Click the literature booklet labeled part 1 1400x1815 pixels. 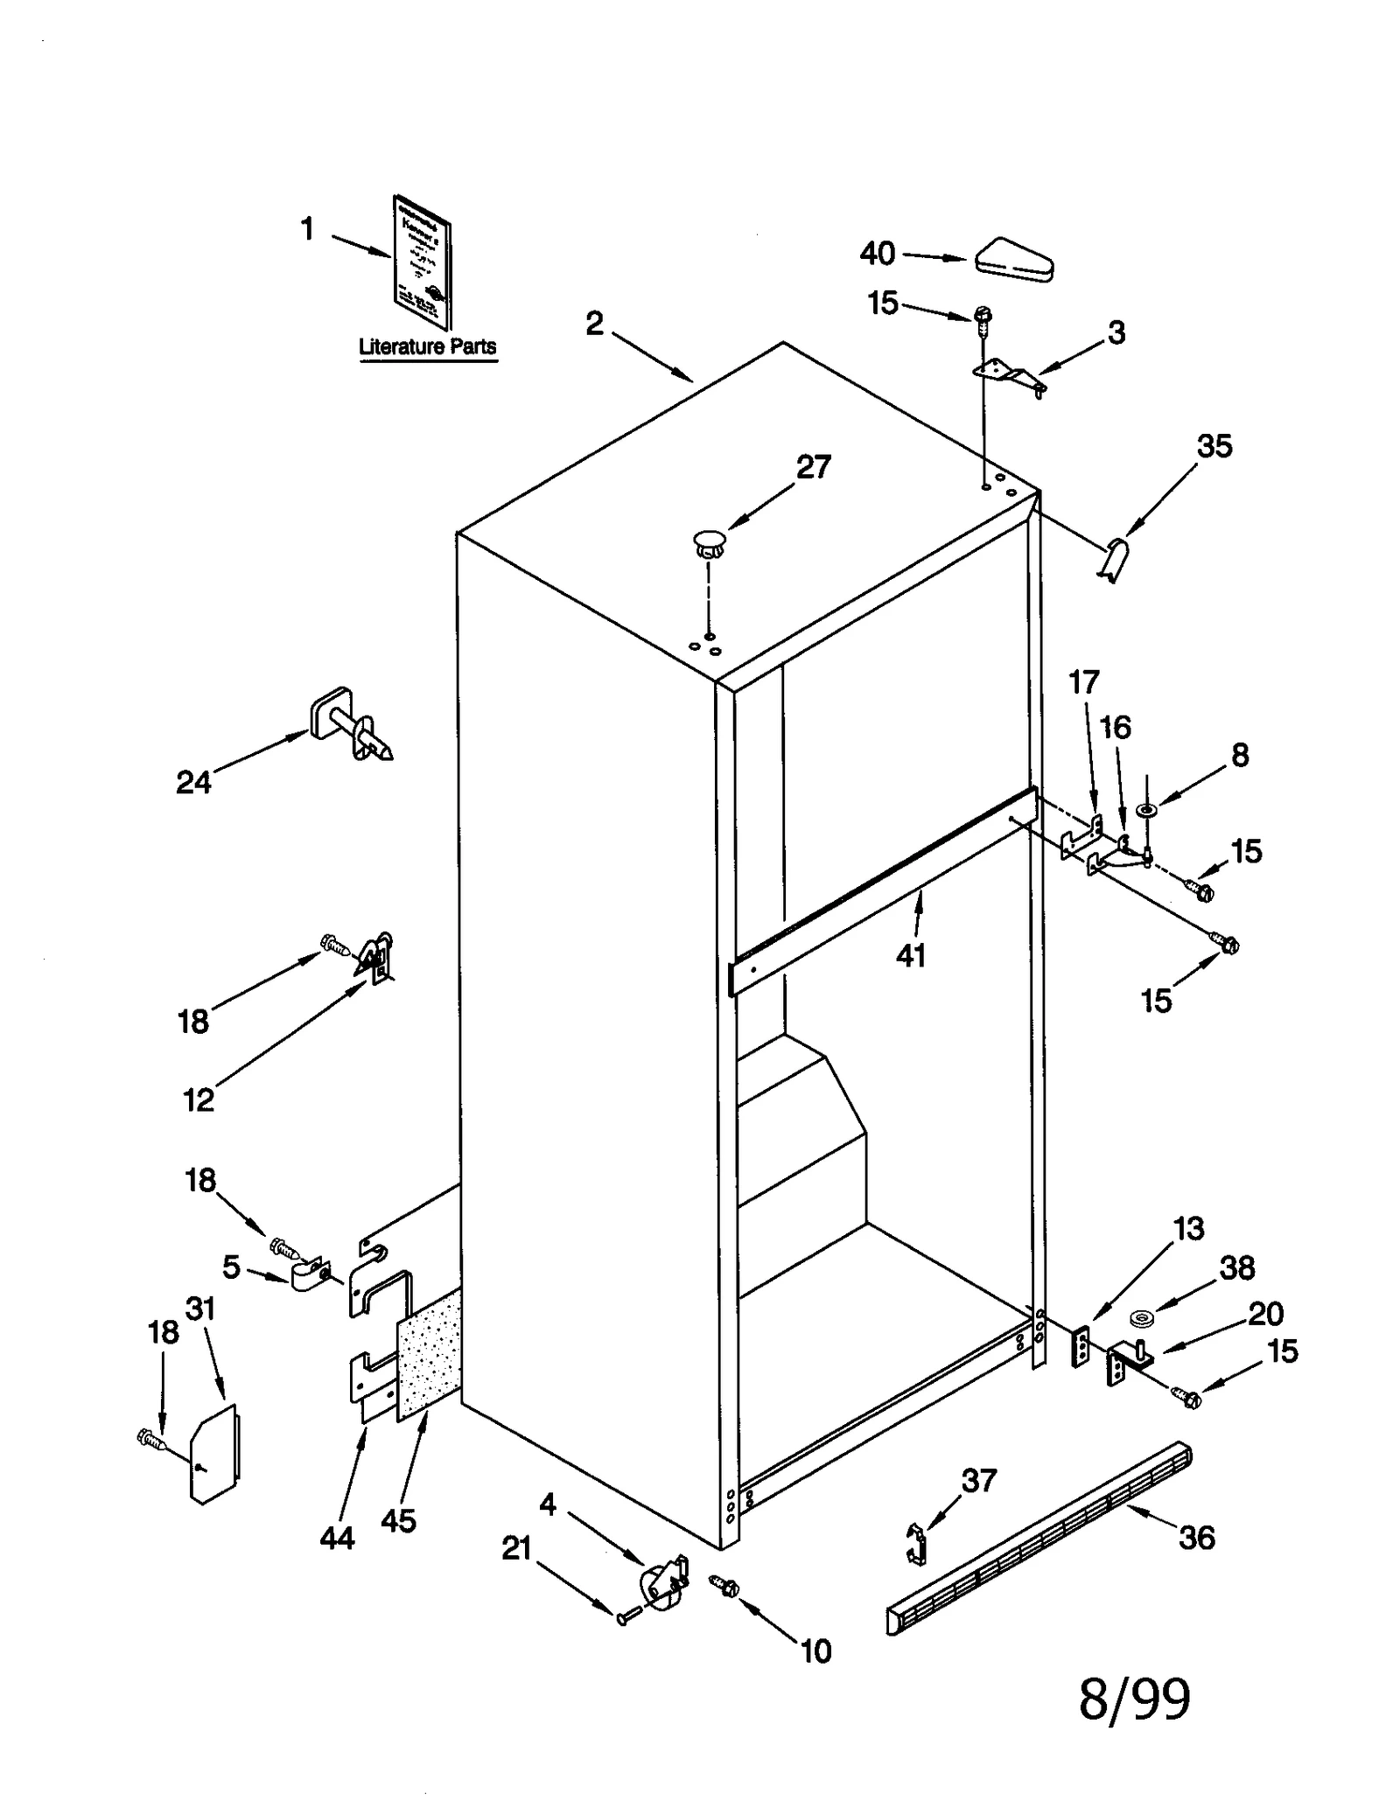(423, 262)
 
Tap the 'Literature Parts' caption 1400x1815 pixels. (427, 346)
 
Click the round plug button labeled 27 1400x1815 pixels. (710, 541)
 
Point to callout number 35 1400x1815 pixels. (1214, 446)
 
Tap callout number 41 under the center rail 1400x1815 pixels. (910, 955)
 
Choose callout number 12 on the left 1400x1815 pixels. (198, 1099)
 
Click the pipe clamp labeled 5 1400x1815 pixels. (308, 1274)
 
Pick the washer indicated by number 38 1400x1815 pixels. (1141, 1317)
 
